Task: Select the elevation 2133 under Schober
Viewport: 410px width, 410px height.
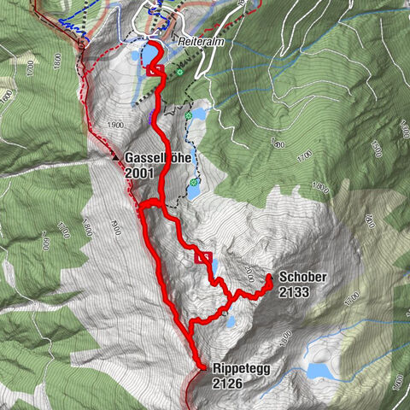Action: (292, 292)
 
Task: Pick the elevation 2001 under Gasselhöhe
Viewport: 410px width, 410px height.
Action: (139, 173)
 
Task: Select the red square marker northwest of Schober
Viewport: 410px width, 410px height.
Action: (203, 257)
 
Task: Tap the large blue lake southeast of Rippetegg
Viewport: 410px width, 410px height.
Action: (323, 371)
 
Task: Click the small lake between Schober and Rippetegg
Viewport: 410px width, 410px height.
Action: (230, 322)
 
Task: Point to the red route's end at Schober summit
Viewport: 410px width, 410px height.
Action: (268, 278)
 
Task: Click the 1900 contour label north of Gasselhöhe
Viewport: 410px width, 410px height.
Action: (117, 125)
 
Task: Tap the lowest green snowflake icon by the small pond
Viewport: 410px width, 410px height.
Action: (195, 182)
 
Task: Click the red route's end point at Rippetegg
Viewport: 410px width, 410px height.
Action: (202, 367)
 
